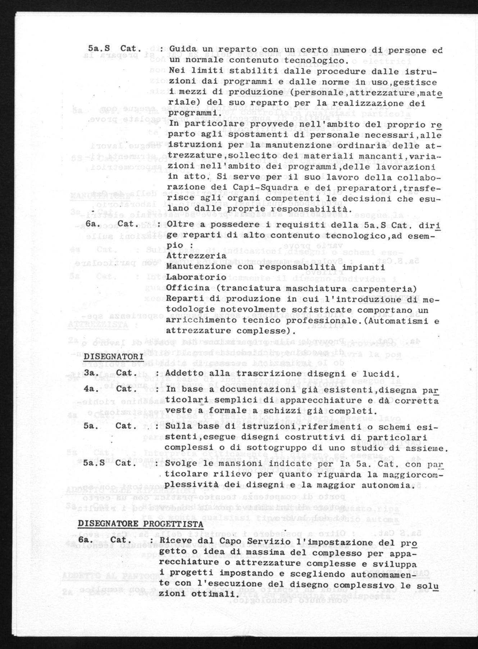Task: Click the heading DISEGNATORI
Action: (114, 357)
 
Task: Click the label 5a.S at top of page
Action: (96, 49)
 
